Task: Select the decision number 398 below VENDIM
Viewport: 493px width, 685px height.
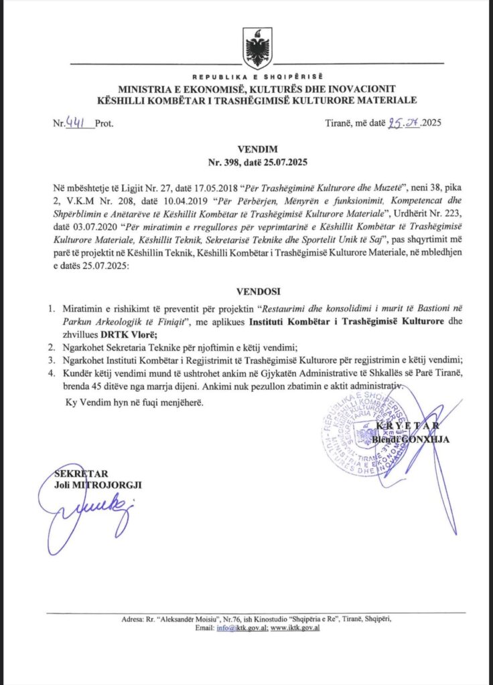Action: click(x=232, y=163)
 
